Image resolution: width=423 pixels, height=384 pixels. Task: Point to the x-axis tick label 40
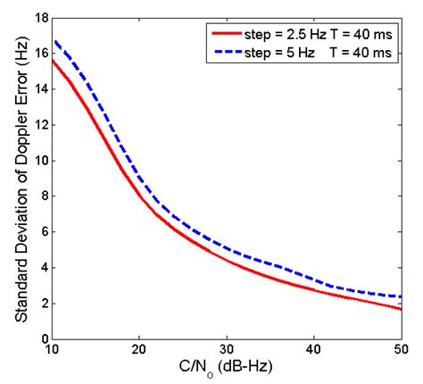tap(314, 350)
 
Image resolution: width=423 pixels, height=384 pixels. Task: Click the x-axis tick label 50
tap(401, 350)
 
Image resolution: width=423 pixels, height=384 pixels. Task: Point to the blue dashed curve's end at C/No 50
tap(401, 296)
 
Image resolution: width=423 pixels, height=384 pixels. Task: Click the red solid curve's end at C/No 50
tap(401, 309)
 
